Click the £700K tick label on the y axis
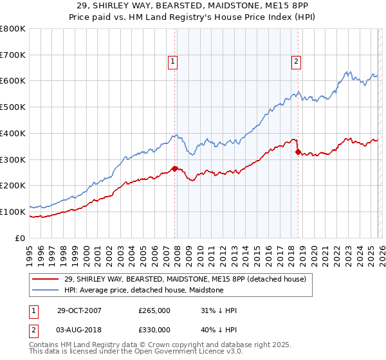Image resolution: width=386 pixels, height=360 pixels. [x=13, y=55]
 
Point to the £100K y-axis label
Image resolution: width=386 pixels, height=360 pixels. [x=13, y=212]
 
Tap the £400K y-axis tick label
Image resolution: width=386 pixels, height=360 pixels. [x=13, y=133]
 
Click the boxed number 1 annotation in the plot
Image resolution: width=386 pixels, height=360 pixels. [x=174, y=62]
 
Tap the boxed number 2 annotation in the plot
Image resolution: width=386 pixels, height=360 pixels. [x=296, y=62]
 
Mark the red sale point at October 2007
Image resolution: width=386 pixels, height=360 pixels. [x=175, y=168]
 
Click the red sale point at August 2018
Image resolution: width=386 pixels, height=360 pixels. [x=297, y=152]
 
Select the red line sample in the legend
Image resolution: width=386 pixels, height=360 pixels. [x=45, y=279]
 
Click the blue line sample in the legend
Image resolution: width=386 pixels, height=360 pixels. [x=45, y=290]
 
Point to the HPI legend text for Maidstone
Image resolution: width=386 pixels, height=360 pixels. [x=143, y=290]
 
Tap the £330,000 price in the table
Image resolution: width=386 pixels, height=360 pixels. [x=154, y=330]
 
